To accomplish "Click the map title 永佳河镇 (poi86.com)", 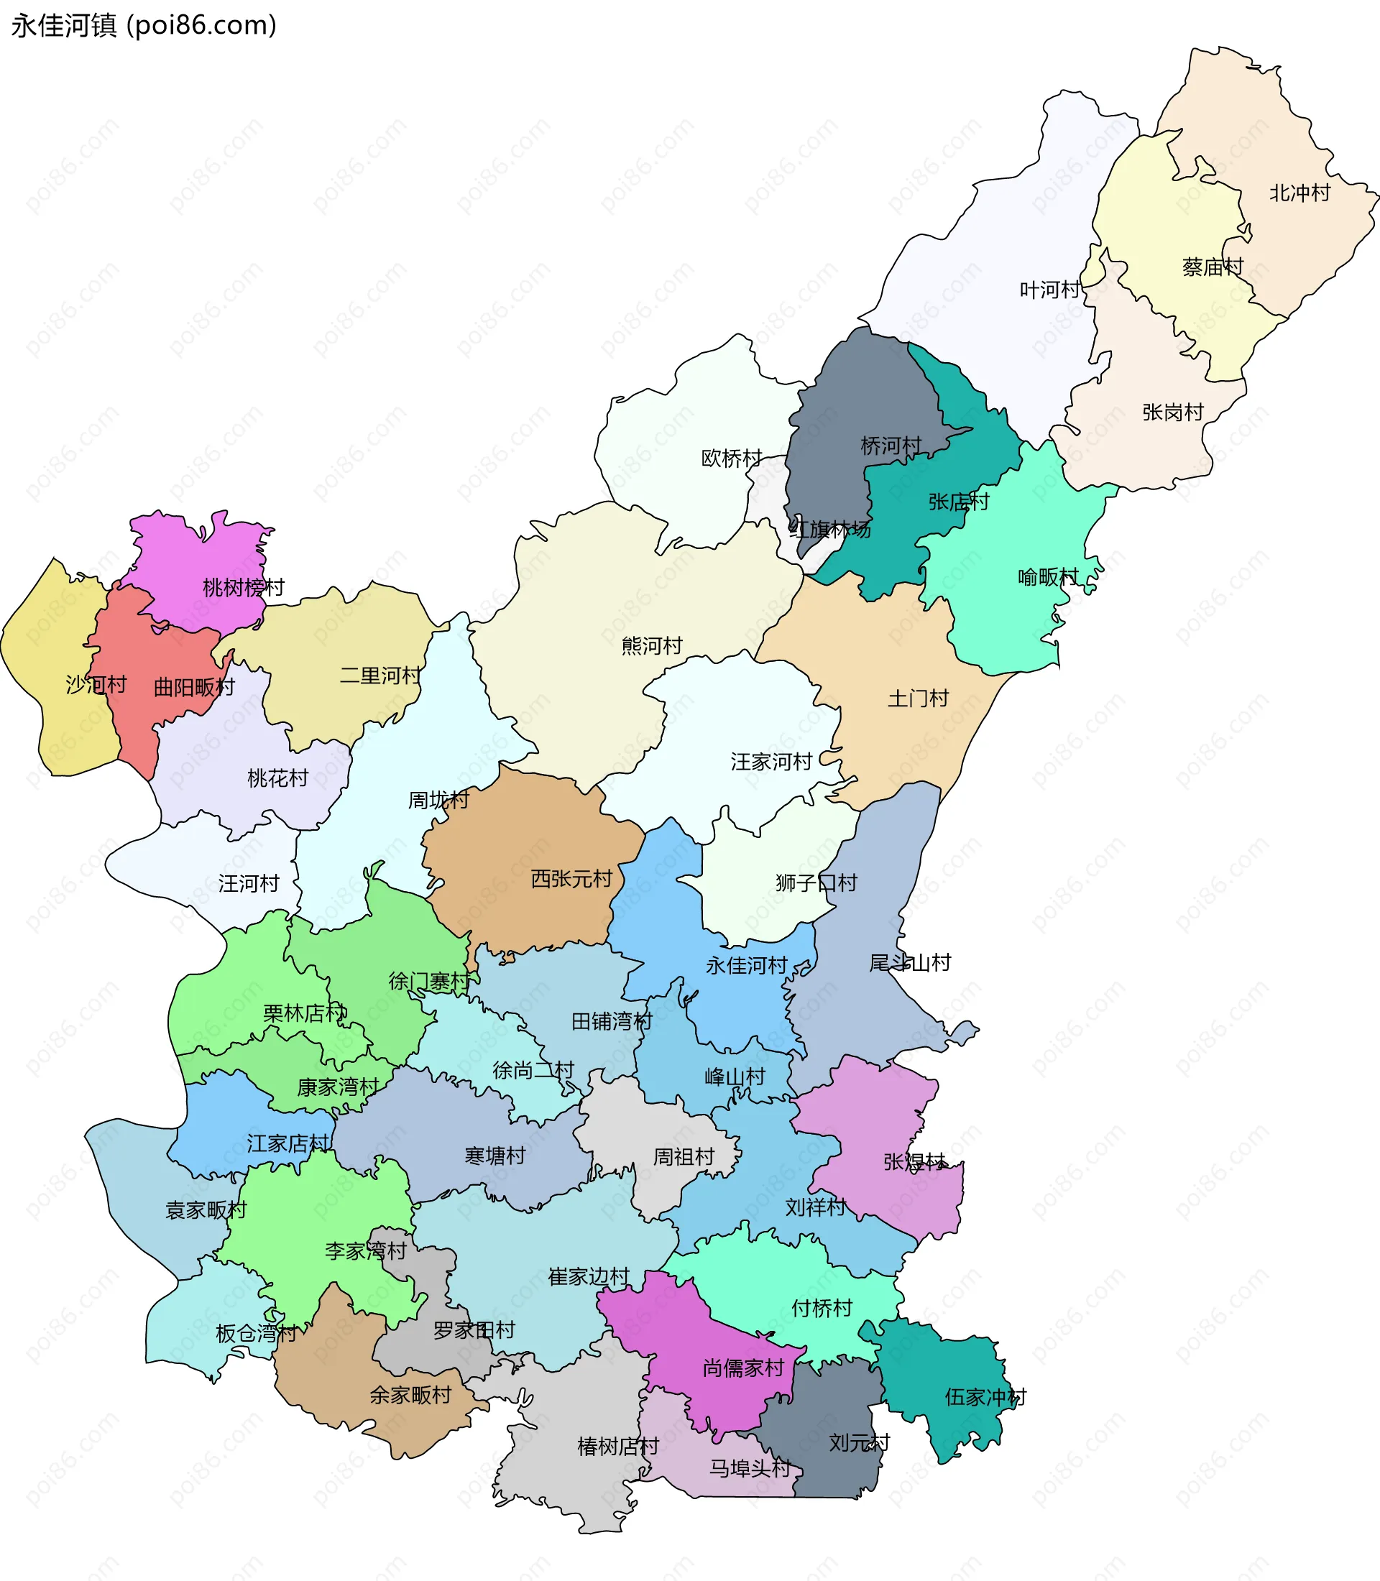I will click(143, 25).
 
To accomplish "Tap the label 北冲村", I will click(1299, 193).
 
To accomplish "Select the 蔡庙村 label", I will click(1213, 267).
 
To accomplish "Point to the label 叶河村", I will click(1049, 290).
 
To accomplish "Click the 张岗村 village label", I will click(1172, 412).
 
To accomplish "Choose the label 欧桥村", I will click(732, 458).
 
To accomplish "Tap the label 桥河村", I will click(891, 445).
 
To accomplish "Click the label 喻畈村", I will click(1048, 577).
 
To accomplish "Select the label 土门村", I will click(918, 699).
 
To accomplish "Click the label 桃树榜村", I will click(244, 588).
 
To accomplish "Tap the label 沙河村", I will click(96, 684).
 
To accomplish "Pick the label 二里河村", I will click(380, 676).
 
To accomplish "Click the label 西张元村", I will click(571, 879).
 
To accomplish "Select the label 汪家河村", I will click(770, 762).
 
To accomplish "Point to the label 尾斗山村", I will click(909, 963).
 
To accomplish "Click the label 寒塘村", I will click(494, 1155).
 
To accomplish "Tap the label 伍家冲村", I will click(985, 1397).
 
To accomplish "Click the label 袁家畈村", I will click(206, 1209).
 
